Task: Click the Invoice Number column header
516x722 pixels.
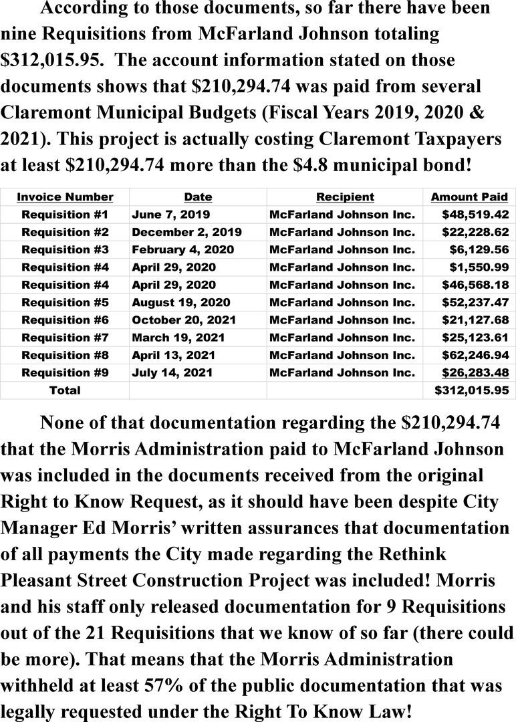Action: click(x=65, y=197)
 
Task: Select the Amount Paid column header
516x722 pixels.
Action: click(x=469, y=197)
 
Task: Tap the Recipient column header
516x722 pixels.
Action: click(x=345, y=197)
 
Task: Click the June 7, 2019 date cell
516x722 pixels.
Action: click(x=171, y=215)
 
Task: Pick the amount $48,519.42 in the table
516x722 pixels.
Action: click(x=476, y=215)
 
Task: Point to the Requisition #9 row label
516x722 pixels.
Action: click(x=65, y=372)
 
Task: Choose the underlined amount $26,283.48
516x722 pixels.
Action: click(x=476, y=372)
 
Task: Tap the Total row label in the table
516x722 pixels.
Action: click(x=65, y=390)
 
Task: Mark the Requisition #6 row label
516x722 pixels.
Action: click(x=65, y=320)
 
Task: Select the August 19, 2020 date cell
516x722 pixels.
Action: click(x=181, y=302)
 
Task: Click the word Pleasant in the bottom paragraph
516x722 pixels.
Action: click(x=43, y=579)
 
